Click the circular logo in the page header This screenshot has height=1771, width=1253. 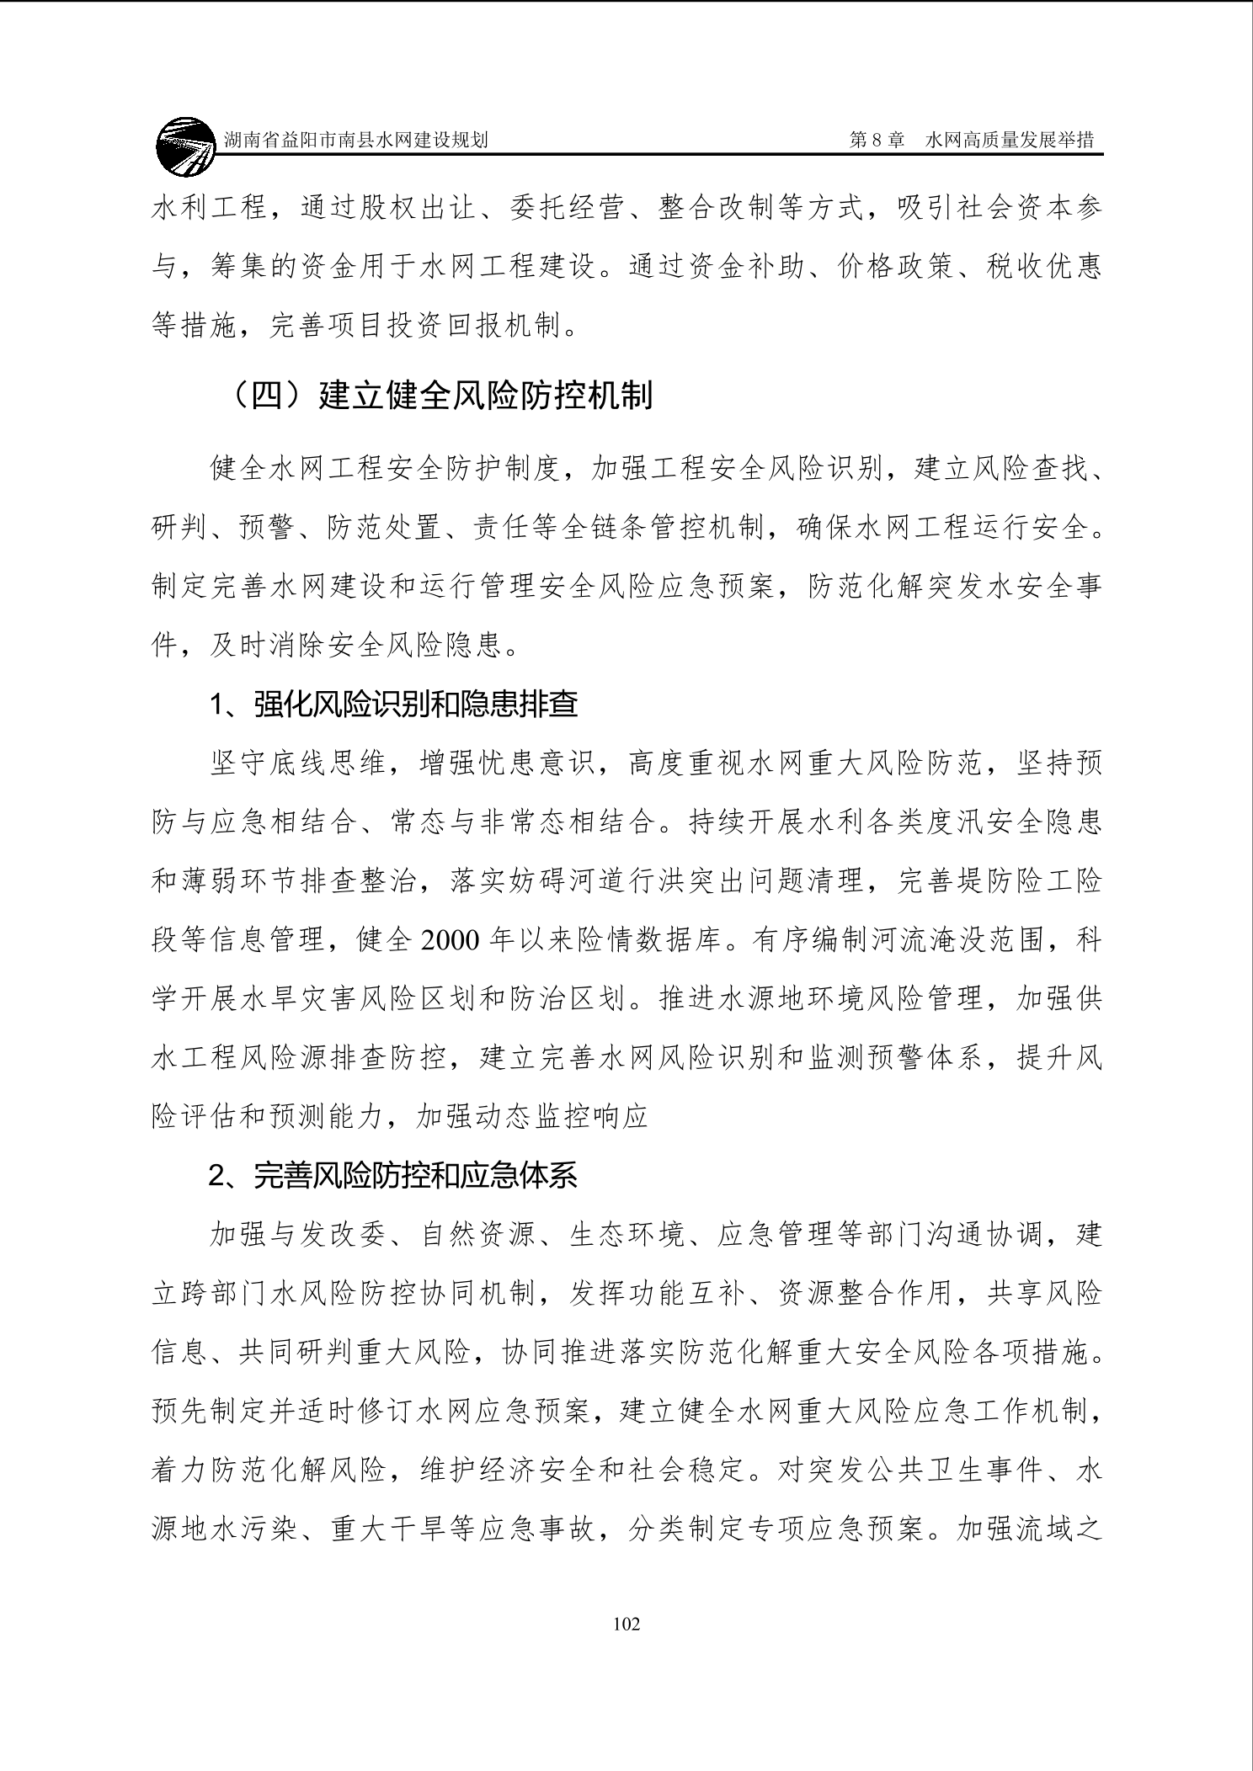(x=185, y=147)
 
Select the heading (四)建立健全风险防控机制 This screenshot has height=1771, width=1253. (x=443, y=395)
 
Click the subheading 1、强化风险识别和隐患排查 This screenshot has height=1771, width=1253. (x=394, y=705)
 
